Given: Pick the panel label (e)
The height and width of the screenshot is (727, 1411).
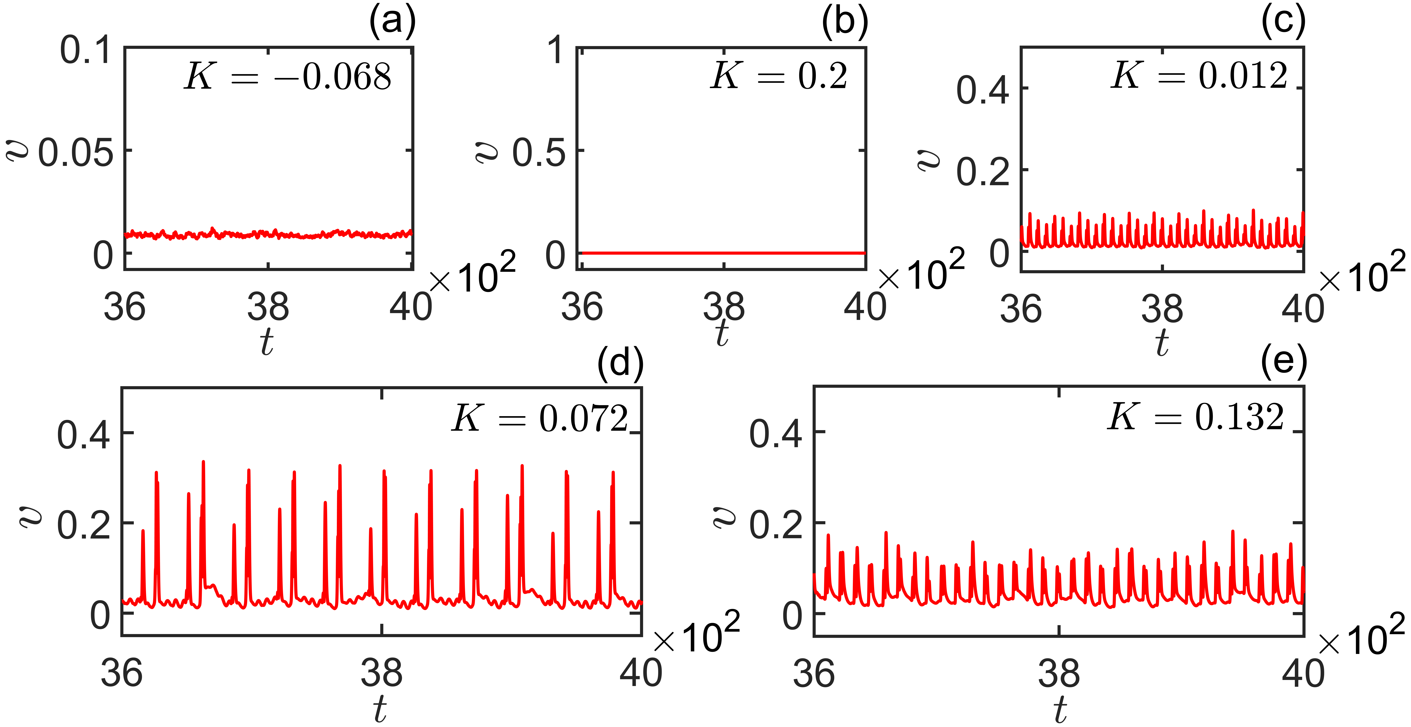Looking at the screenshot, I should (1283, 363).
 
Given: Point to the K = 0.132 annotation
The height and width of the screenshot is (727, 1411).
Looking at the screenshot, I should (1196, 417).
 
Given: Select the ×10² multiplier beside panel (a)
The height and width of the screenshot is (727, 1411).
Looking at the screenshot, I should (473, 274).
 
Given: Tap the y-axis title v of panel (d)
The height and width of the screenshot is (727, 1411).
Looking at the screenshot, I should (30, 515).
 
